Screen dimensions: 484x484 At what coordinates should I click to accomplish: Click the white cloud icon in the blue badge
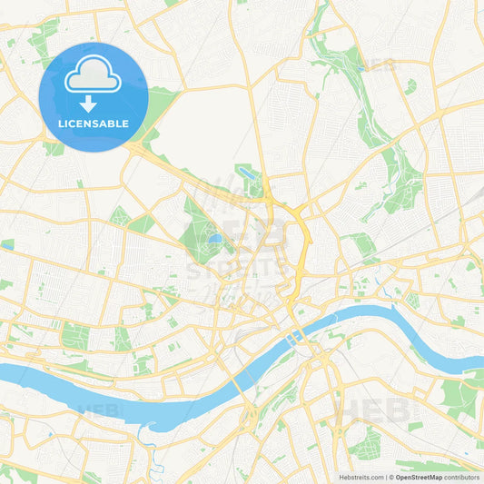(x=93, y=76)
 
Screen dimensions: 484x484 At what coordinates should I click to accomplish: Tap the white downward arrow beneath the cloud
(x=88, y=104)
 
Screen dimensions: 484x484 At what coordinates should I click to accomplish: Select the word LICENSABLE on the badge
(x=93, y=123)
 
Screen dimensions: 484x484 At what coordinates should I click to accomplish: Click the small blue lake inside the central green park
(x=214, y=241)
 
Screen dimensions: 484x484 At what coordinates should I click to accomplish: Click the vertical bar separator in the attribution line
(x=388, y=477)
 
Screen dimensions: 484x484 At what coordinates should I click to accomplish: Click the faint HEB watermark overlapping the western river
(x=100, y=410)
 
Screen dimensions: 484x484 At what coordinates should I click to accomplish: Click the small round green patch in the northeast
(x=411, y=86)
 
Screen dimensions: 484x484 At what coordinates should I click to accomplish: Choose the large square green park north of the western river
(x=74, y=337)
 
